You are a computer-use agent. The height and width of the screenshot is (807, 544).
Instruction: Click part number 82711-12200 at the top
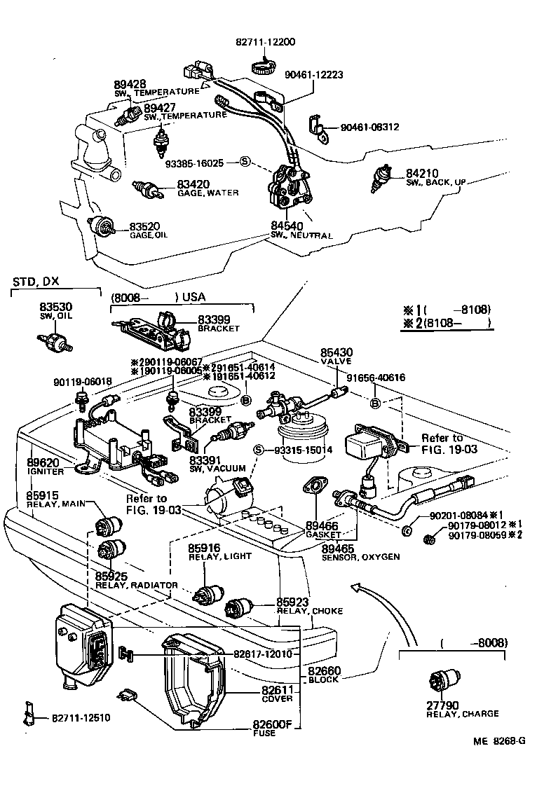[x=265, y=42]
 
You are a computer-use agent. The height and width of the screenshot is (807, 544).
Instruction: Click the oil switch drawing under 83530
[x=55, y=343]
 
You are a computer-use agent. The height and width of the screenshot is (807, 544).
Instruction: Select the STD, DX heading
[x=36, y=282]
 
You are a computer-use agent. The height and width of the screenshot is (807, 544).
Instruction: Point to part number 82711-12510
[x=80, y=718]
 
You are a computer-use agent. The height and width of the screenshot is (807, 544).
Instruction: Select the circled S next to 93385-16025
[x=245, y=162]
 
